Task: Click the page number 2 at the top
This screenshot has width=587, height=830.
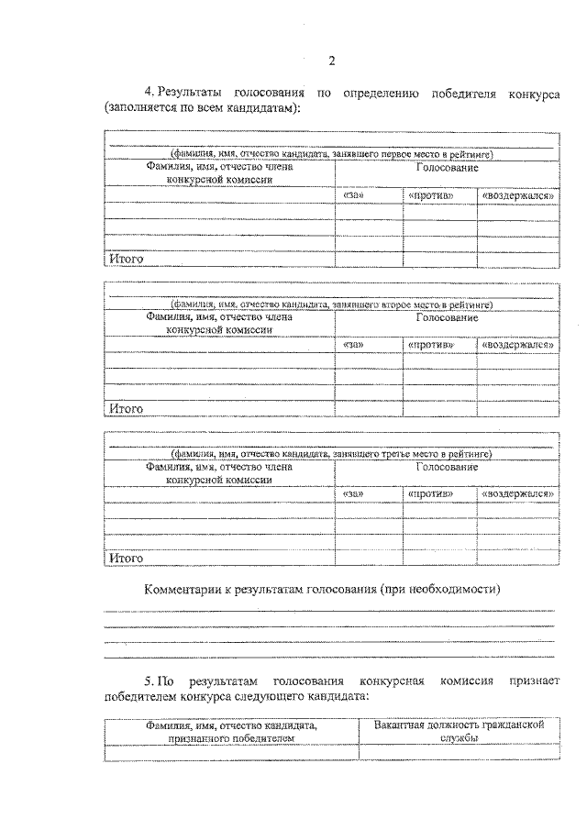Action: [x=332, y=61]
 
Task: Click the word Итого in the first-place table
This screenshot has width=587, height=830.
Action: [x=127, y=260]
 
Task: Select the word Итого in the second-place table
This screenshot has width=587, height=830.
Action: [x=127, y=408]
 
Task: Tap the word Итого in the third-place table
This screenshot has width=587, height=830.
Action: [x=127, y=557]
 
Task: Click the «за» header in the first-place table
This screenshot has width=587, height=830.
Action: [x=354, y=195]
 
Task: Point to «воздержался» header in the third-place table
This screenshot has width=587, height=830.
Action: [x=517, y=492]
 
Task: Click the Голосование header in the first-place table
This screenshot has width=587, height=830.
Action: [x=447, y=169]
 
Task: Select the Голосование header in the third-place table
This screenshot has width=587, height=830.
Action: [x=447, y=466]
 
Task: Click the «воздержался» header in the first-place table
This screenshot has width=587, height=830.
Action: [x=517, y=195]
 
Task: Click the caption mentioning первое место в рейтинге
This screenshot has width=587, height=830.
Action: [x=331, y=155]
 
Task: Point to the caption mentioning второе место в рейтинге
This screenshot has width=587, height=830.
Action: [x=331, y=304]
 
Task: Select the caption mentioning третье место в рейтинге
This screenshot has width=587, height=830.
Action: [x=331, y=453]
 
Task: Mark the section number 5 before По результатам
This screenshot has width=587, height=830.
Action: [x=149, y=681]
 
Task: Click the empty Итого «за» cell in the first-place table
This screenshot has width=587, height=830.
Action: [x=368, y=259]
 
